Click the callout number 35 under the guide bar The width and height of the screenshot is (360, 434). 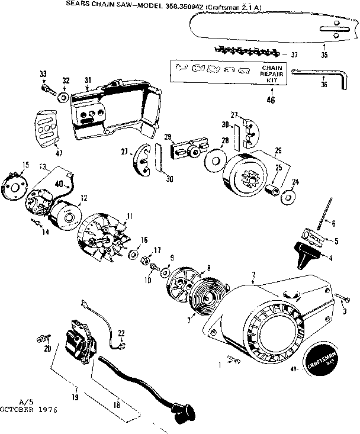pos(324,55)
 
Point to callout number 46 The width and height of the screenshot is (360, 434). pos(271,100)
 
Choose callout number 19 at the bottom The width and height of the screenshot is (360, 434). pos(75,398)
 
